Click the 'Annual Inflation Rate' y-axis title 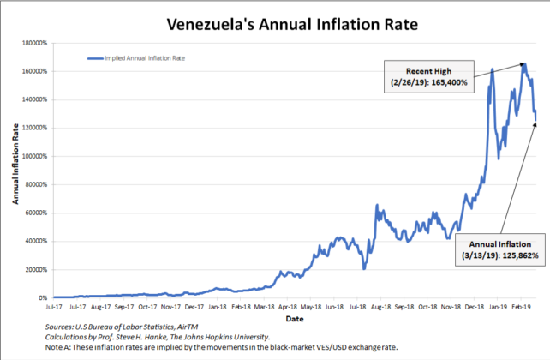point(15,169)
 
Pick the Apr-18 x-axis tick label point(286,304)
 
